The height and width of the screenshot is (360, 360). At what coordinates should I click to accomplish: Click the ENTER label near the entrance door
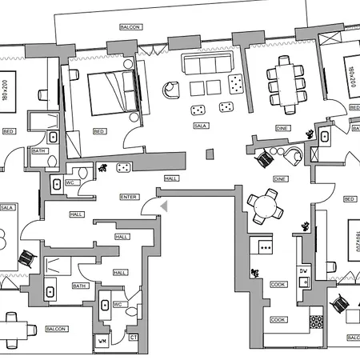tap(128, 196)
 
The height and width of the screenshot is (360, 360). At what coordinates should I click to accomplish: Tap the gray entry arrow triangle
tap(164, 206)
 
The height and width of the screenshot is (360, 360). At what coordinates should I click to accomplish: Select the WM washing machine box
tap(102, 342)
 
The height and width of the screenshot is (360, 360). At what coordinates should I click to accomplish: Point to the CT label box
tap(133, 338)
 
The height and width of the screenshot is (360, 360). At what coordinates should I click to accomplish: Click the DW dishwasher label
tap(303, 271)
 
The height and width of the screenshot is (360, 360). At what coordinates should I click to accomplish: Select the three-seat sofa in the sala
tap(208, 64)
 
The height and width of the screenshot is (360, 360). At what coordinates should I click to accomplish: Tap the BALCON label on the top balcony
tap(130, 26)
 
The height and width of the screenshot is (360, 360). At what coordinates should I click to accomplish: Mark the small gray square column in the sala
tap(210, 154)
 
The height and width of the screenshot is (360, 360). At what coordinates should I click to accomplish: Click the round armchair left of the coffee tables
tap(170, 90)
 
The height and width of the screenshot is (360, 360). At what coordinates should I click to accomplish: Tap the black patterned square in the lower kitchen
tap(317, 321)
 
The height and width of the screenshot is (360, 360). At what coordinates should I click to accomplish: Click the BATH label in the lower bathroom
tap(79, 286)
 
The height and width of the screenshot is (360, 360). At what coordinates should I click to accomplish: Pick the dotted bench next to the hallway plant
tap(124, 167)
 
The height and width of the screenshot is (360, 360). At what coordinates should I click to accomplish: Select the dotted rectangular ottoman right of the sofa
tap(237, 81)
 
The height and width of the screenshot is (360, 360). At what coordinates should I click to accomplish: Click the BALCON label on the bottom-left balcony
tap(55, 329)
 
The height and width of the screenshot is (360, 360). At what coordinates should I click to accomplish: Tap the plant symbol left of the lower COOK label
tap(254, 274)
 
